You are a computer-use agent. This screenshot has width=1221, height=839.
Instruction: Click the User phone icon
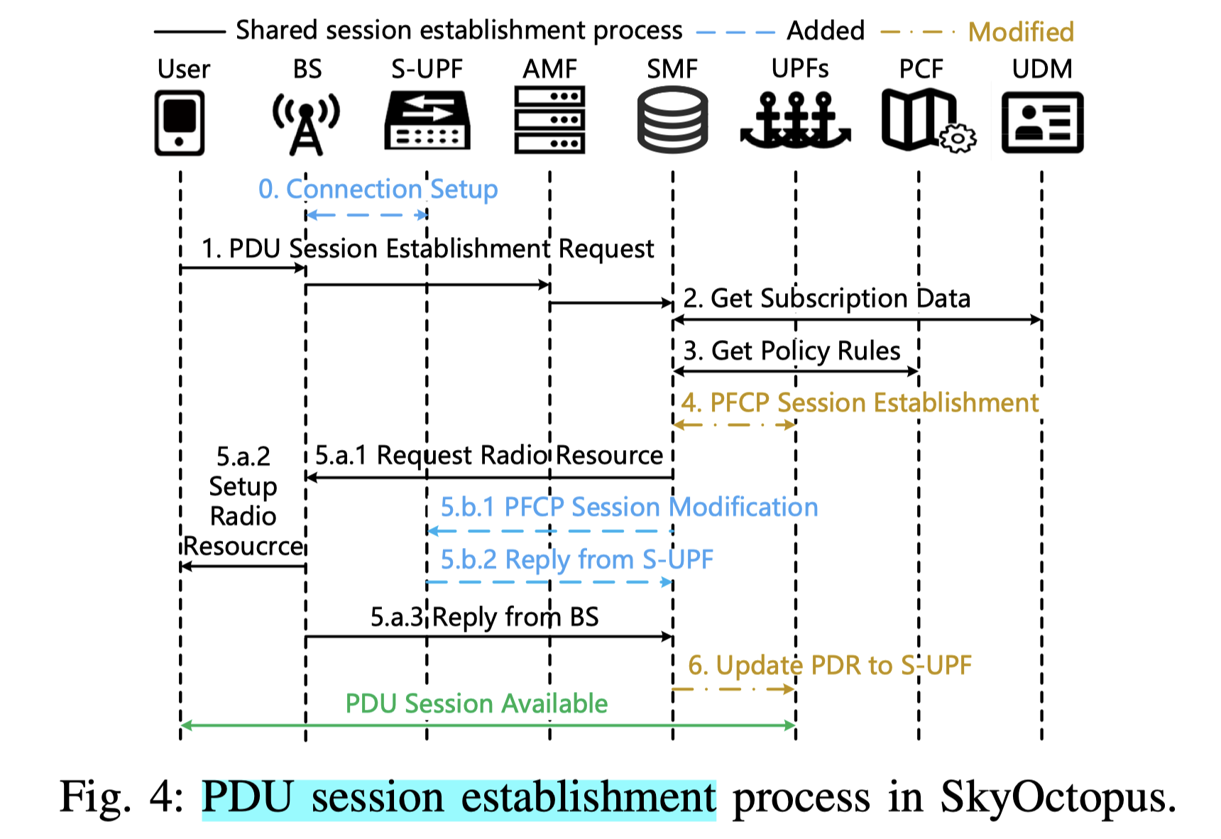click(180, 122)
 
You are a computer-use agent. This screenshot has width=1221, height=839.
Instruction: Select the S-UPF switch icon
click(427, 120)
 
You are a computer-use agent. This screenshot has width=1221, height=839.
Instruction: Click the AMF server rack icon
click(549, 119)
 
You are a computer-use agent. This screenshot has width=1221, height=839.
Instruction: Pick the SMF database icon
click(672, 119)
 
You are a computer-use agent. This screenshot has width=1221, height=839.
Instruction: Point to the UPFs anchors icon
click(795, 121)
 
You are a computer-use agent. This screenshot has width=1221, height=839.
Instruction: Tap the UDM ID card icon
click(1042, 122)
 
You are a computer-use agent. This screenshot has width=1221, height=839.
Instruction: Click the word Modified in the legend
click(1021, 32)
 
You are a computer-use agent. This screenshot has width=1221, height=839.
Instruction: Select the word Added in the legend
click(826, 31)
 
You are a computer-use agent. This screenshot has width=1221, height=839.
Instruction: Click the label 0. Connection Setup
click(378, 190)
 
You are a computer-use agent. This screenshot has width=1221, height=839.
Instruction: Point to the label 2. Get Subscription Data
click(826, 299)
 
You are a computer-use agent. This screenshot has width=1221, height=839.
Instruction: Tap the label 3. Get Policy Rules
click(792, 351)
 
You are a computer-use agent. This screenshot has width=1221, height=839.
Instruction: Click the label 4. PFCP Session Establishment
click(860, 402)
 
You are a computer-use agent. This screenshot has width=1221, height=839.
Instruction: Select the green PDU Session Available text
click(476, 703)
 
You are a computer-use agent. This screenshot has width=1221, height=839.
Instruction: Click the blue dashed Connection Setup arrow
click(366, 215)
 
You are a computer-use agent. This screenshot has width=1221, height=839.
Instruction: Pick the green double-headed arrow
click(488, 725)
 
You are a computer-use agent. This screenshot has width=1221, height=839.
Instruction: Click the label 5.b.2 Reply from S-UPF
click(576, 560)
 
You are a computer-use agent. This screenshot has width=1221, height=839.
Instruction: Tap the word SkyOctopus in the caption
click(1058, 796)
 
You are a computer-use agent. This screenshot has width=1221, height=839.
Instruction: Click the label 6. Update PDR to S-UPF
click(829, 666)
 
